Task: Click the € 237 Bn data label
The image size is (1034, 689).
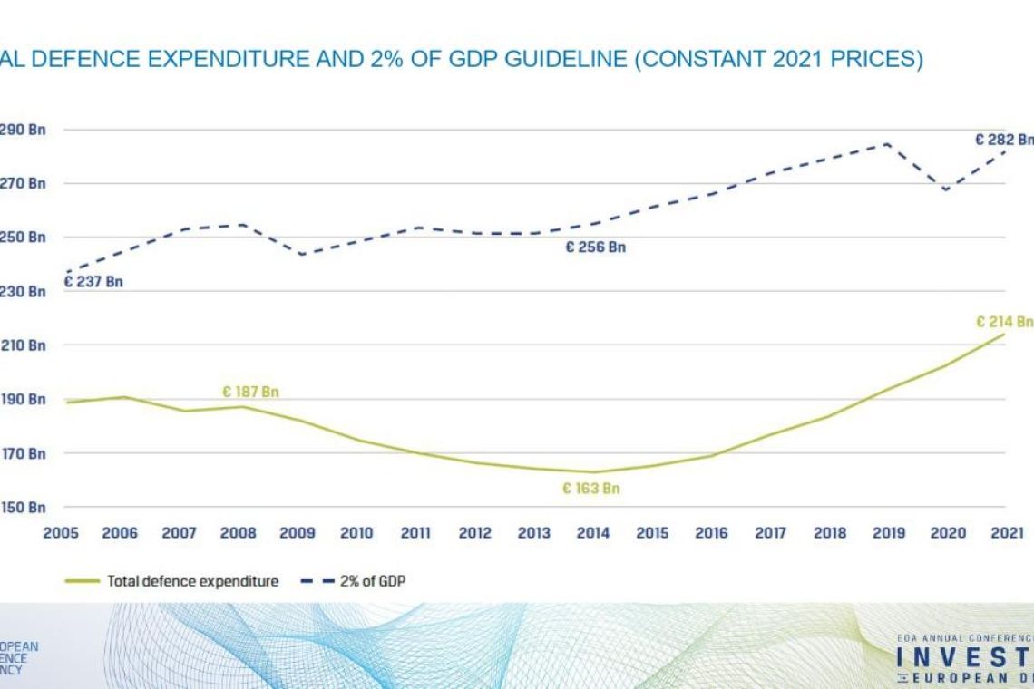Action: tap(93, 282)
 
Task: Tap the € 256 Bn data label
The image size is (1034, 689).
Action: tap(595, 247)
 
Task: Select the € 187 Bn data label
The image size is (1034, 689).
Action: tap(250, 393)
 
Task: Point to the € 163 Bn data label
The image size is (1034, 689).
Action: tap(590, 489)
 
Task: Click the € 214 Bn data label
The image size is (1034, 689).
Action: tap(1004, 322)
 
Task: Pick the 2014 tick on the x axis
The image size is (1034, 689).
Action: tap(593, 533)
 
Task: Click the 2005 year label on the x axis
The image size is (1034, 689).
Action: tap(61, 533)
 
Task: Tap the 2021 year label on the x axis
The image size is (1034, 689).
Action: tap(1006, 533)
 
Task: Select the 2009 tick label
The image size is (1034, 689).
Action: tap(298, 533)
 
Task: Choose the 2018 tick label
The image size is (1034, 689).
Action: tap(829, 533)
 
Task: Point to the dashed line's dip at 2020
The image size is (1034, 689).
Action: tap(946, 190)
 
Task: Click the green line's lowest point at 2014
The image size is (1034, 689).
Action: tap(593, 471)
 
